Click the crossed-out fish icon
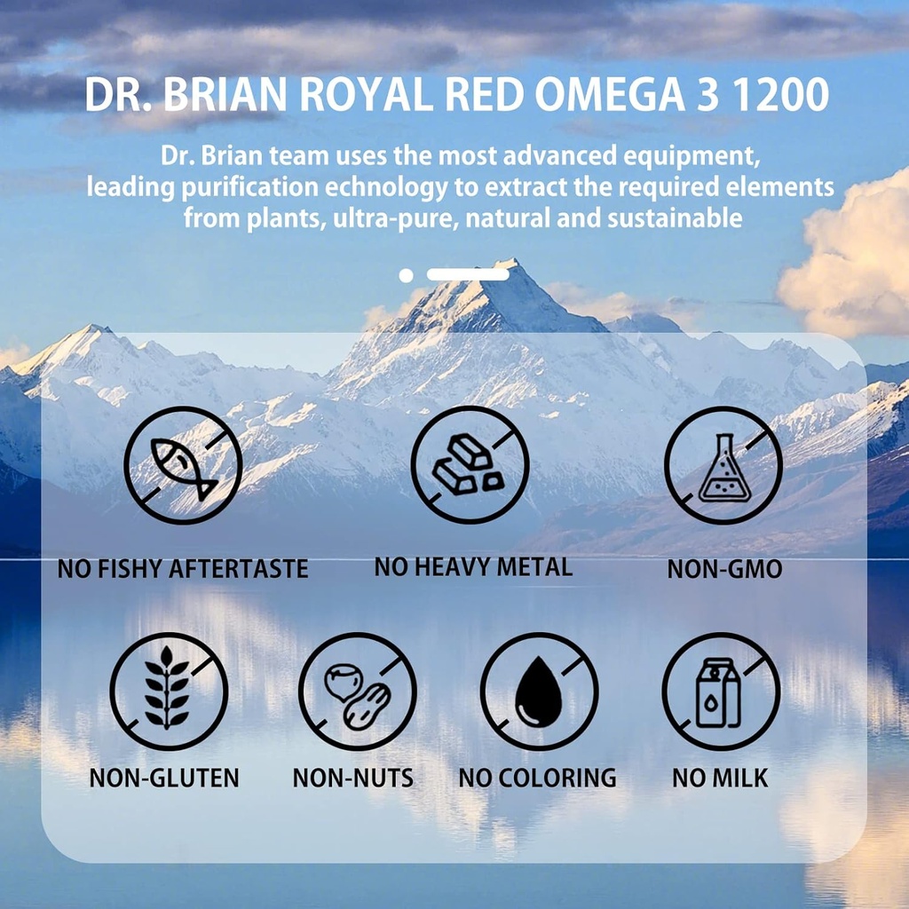183,466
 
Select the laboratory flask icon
723,465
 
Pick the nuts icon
357,692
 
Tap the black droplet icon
539,692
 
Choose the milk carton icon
721,692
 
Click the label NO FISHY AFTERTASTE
183,568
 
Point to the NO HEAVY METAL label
473,566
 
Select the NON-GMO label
724,569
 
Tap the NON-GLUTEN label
164,779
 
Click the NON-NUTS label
353,779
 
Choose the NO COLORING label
537,779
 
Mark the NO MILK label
720,779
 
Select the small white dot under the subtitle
406,275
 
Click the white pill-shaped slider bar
468,275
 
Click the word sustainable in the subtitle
674,217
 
